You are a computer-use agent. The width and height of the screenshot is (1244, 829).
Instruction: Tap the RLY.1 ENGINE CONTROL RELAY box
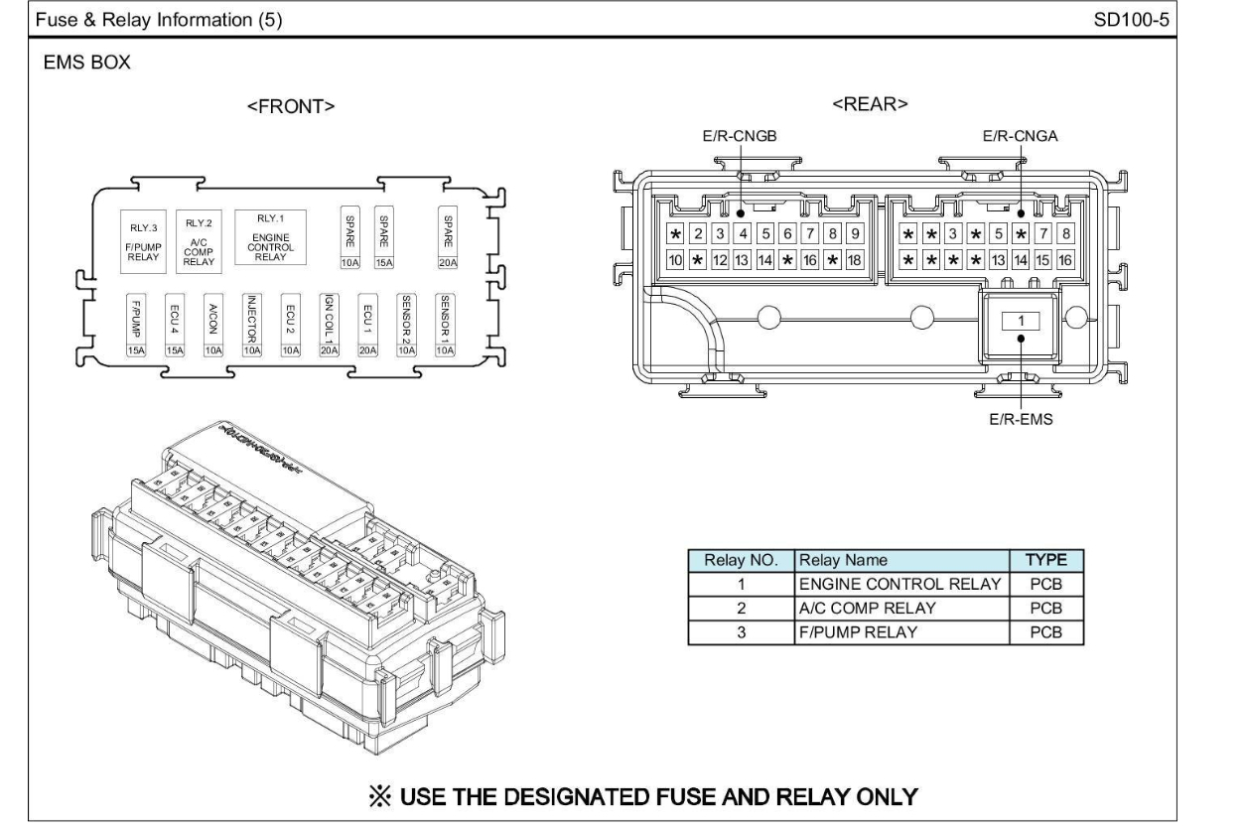(x=269, y=236)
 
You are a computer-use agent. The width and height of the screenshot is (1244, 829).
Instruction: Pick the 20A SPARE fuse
(x=448, y=239)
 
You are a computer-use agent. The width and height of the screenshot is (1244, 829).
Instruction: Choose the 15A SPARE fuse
(x=383, y=239)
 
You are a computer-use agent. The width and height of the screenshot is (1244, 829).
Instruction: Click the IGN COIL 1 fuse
(x=329, y=325)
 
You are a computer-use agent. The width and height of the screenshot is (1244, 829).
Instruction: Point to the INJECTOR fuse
(x=251, y=325)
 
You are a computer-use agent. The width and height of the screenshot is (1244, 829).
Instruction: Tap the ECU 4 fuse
(x=175, y=325)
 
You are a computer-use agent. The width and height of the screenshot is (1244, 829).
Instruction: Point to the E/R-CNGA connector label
(x=1020, y=138)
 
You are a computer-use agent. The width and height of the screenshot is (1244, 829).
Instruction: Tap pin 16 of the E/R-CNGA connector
(x=1064, y=260)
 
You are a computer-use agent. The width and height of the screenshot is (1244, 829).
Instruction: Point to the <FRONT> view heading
(x=291, y=107)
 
